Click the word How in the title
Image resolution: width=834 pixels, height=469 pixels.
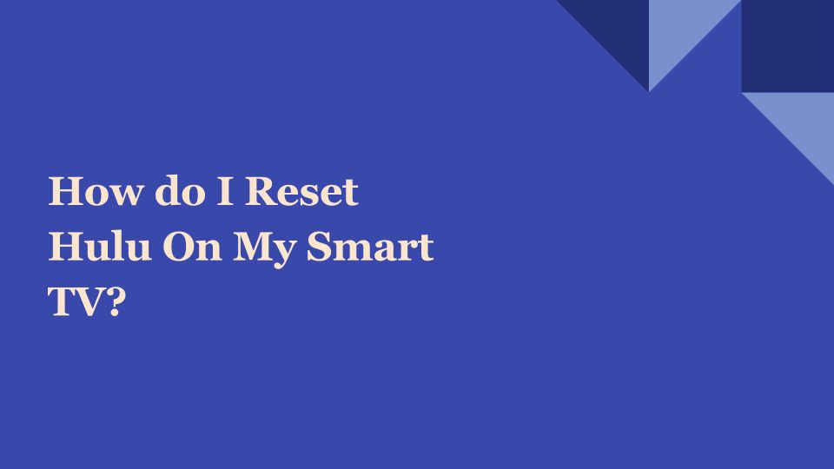[x=96, y=190]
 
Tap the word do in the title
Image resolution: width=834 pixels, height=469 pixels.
[x=180, y=190]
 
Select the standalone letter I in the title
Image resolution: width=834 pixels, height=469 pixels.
[x=225, y=190]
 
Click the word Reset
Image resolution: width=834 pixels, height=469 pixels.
[x=301, y=190]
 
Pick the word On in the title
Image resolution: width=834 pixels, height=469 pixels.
[x=192, y=246]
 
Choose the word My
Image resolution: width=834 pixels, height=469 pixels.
[x=264, y=249]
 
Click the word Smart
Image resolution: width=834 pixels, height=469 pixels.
[x=370, y=246]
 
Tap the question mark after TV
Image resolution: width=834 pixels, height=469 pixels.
[x=112, y=301]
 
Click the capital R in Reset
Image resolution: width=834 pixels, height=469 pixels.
[x=261, y=190]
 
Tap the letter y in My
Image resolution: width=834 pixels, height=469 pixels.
[x=283, y=254]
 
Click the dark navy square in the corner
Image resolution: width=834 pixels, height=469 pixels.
[x=788, y=46]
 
